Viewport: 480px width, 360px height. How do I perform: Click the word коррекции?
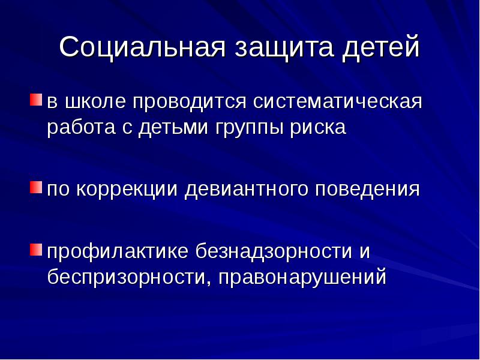click(128, 190)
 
